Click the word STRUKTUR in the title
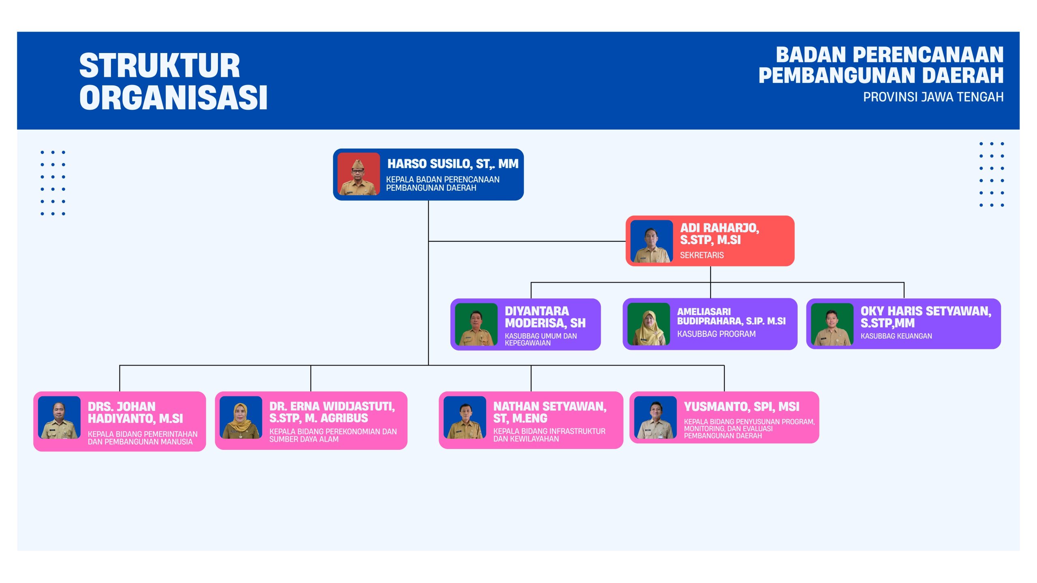click(160, 66)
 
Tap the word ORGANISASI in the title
click(173, 98)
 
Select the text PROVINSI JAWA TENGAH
click(933, 97)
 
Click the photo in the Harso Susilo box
click(358, 174)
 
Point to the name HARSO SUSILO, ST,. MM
click(453, 164)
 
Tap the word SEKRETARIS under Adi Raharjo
click(702, 255)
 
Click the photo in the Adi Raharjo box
click(651, 241)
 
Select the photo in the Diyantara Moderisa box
click(476, 324)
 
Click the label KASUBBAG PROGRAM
click(716, 334)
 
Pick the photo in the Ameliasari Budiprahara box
click(649, 324)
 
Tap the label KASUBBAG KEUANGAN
click(896, 336)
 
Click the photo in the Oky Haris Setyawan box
click(832, 324)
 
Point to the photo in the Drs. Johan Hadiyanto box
click(59, 417)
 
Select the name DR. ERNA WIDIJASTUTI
click(332, 406)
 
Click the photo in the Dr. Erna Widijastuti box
click(241, 417)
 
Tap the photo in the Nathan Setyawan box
click(465, 417)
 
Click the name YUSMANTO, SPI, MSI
click(742, 406)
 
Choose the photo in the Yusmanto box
click(655, 417)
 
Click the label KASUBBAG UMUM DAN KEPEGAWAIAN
click(541, 339)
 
